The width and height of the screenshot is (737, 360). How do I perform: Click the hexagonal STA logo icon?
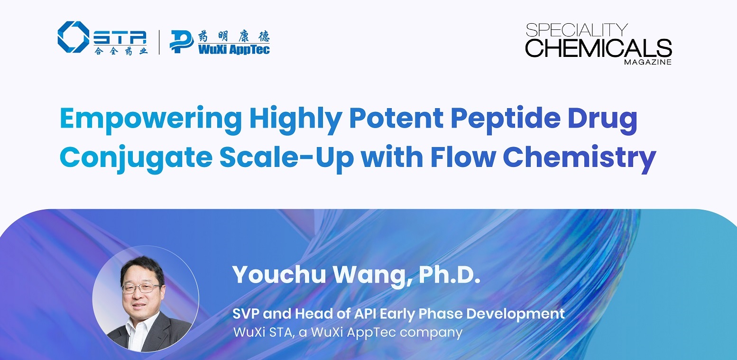click(74, 37)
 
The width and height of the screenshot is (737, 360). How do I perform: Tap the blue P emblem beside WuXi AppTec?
click(181, 41)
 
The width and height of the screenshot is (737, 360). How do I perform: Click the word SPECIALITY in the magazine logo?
click(577, 30)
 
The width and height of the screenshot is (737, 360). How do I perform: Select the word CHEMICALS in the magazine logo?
click(599, 48)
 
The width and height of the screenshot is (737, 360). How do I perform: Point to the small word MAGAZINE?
click(648, 62)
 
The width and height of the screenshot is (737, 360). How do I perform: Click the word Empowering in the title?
click(151, 119)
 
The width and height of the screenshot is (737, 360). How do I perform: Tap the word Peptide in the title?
click(506, 119)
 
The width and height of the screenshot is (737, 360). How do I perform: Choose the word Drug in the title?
click(602, 119)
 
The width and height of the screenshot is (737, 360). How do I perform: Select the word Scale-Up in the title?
click(286, 157)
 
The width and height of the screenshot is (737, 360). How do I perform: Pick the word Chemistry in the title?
click(580, 157)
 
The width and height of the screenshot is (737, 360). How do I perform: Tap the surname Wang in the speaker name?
click(372, 276)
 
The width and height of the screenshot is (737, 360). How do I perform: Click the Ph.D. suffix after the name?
click(450, 275)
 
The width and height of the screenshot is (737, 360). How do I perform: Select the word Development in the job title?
click(515, 314)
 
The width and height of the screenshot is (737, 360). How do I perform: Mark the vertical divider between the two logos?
click(159, 42)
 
